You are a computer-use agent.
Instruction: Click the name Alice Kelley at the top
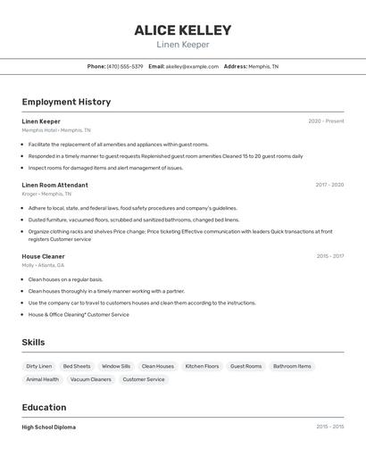coord(183,29)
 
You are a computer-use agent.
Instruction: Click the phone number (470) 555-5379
coord(125,66)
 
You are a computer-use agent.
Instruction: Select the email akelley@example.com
coord(192,66)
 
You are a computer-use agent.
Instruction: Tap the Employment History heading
coord(66,102)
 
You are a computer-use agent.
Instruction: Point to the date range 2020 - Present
coord(326,121)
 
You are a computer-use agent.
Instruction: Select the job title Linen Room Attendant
coord(54,185)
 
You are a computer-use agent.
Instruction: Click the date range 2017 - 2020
coord(329,185)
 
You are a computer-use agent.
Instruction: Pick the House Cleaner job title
coord(43,256)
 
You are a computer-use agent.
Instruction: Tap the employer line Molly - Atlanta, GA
coord(43,265)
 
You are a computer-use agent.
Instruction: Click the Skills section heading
coord(33,342)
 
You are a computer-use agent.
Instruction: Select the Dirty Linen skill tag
coord(39,366)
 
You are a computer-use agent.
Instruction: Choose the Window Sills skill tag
coord(116,366)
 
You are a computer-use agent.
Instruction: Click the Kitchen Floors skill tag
coord(202,366)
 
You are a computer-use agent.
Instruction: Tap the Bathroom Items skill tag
coord(292,366)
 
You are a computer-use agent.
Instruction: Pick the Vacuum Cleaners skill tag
coord(91,379)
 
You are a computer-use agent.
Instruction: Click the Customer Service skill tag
coord(144,379)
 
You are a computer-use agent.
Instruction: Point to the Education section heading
coord(46,407)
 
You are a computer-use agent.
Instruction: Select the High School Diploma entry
coord(49,427)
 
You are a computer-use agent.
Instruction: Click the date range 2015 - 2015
coord(329,427)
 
